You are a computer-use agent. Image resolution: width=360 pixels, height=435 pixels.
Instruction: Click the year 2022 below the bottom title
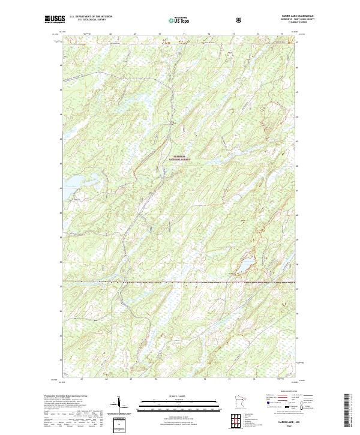tap(283, 427)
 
